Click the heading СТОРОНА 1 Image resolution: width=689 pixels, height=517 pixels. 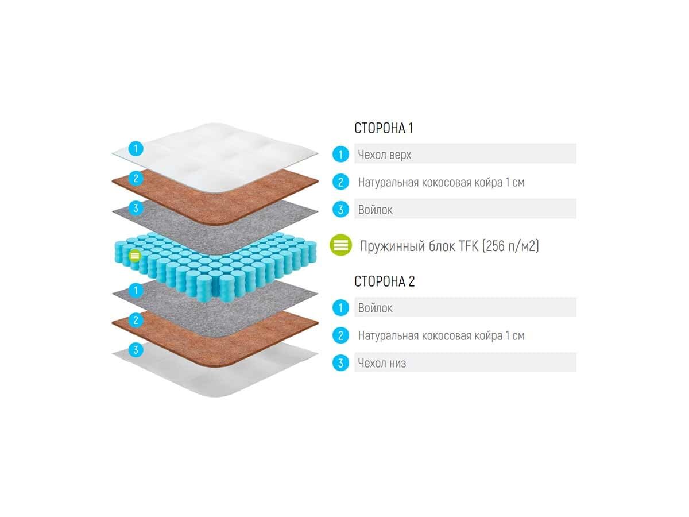(384, 128)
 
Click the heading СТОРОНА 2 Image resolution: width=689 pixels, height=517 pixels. (384, 281)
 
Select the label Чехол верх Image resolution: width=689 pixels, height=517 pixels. (384, 155)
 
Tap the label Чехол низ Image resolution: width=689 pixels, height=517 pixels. (382, 363)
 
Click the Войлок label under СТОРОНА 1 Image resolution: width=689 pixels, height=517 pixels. (376, 210)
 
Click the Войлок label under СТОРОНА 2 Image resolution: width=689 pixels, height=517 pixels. (376, 308)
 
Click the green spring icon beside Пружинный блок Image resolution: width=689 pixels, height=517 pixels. (340, 245)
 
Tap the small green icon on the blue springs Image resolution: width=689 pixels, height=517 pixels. (134, 254)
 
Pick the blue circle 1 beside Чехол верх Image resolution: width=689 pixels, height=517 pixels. (340, 154)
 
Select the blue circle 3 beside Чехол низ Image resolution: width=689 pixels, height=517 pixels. (340, 363)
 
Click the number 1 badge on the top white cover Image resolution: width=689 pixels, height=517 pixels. (136, 149)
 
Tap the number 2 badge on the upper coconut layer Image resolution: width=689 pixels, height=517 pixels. (136, 178)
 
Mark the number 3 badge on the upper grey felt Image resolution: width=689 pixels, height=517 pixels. (136, 208)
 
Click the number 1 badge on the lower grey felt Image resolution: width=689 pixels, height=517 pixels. (136, 290)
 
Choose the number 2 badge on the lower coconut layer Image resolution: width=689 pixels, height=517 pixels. (136, 320)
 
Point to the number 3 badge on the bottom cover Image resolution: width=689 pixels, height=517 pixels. (136, 349)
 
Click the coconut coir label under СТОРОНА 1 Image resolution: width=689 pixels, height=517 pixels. (441, 183)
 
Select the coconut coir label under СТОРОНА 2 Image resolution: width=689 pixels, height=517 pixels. (441, 335)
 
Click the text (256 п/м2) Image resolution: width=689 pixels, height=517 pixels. (510, 246)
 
